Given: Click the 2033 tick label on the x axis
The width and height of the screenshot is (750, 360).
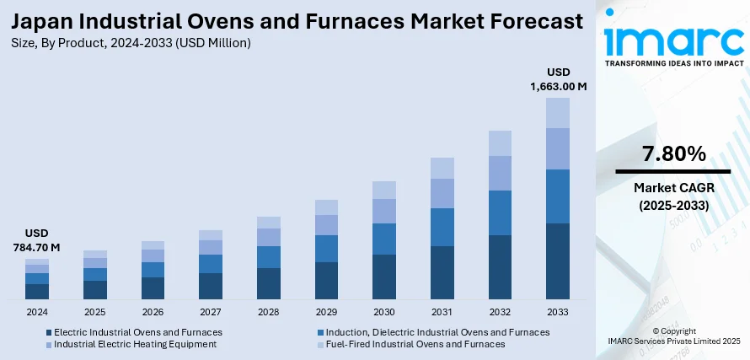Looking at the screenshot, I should pyautogui.click(x=558, y=312).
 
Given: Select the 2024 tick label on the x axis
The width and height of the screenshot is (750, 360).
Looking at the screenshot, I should pyautogui.click(x=37, y=312).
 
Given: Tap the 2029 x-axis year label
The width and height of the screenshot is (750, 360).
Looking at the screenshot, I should pyautogui.click(x=326, y=312).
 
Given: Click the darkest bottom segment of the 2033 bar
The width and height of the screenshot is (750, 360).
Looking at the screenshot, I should pyautogui.click(x=558, y=261).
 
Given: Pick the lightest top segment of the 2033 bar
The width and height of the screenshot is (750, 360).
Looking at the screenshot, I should pyautogui.click(x=558, y=113).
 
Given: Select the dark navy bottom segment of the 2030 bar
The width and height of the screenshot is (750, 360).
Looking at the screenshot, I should pyautogui.click(x=384, y=277).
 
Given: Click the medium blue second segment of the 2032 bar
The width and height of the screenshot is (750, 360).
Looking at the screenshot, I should pyautogui.click(x=500, y=212).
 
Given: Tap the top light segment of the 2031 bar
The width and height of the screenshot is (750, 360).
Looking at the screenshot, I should pyautogui.click(x=442, y=168).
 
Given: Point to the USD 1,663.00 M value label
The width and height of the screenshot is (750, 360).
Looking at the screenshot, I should pyautogui.click(x=558, y=79).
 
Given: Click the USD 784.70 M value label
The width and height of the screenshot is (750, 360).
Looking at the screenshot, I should pyautogui.click(x=38, y=239).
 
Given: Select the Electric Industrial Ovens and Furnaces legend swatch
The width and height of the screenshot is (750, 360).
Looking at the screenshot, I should pyautogui.click(x=49, y=332).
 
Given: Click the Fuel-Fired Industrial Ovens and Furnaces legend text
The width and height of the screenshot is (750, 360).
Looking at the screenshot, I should pyautogui.click(x=415, y=344).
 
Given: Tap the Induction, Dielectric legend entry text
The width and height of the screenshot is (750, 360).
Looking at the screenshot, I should pyautogui.click(x=437, y=332).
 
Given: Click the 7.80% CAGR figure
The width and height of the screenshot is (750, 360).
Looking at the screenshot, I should pyautogui.click(x=672, y=153).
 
